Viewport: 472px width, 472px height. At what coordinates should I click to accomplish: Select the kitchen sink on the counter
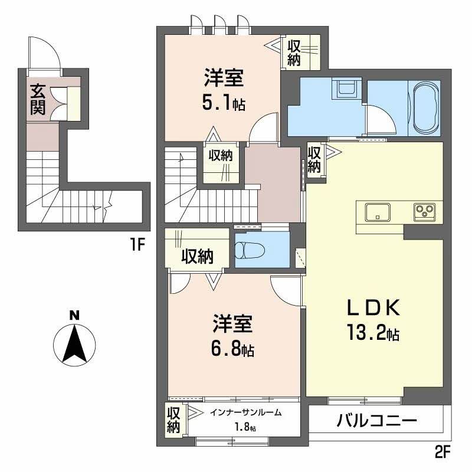[x=378, y=211]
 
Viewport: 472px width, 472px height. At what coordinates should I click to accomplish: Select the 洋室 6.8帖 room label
[x=234, y=336]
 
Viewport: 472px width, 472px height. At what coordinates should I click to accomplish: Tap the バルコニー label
[x=377, y=421]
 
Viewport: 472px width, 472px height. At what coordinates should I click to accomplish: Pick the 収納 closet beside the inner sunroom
[x=173, y=419]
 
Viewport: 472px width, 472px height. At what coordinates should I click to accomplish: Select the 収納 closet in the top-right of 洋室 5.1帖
[x=294, y=53]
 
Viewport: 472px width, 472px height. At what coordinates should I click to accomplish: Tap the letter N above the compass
[x=74, y=315]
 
